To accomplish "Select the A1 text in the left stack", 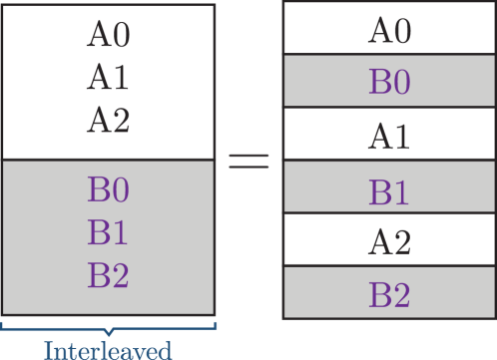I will coord(109,78).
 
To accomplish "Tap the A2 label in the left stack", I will coord(109,121).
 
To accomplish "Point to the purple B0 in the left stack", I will coord(109,189).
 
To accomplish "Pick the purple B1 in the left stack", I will coord(109,232).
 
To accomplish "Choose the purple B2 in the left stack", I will coord(109,275).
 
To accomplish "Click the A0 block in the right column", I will coord(389,30).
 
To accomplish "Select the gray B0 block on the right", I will coord(389,81).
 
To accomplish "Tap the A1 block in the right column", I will coord(389,135).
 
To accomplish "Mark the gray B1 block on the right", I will coord(389,188).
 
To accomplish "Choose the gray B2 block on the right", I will coord(389,294).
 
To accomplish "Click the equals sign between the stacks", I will coord(249,161).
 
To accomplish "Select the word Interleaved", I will coord(108,348).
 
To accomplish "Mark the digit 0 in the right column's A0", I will coord(401,31).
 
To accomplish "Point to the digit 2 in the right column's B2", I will coord(401,295).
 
